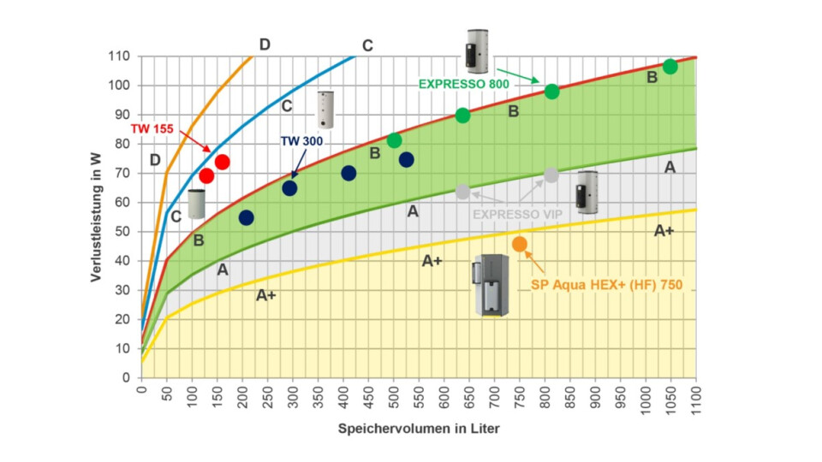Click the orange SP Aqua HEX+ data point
point(520,245)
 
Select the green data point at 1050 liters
point(670,67)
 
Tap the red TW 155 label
point(152,129)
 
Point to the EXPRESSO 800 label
point(463,85)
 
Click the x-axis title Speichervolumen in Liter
point(419,429)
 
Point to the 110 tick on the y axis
point(119,56)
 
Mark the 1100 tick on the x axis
point(696,402)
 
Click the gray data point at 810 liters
point(551,175)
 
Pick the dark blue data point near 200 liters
point(246,217)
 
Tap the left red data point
point(206,176)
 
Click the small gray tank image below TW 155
point(197,203)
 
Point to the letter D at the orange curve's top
point(265,44)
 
